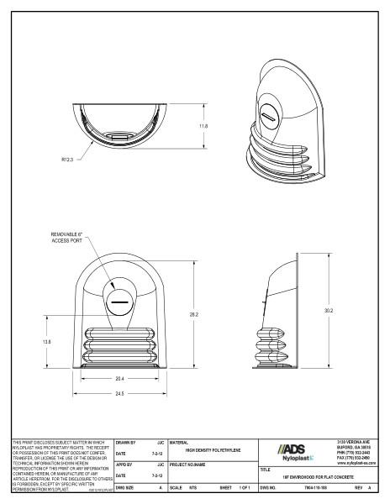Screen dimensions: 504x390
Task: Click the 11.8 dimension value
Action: tap(202, 126)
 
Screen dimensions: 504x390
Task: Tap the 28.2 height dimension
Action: tap(194, 315)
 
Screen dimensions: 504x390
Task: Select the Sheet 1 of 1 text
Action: tap(235, 488)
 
